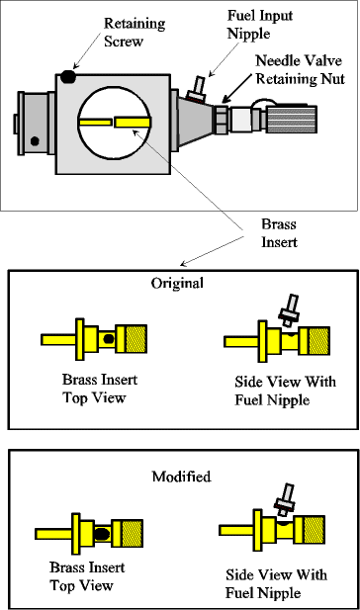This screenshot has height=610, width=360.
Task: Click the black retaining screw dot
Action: [68, 77]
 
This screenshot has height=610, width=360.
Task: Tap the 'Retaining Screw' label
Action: [135, 33]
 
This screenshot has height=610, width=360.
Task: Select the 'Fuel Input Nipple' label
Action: [259, 24]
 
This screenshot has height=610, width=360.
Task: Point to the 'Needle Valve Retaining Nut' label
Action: [300, 69]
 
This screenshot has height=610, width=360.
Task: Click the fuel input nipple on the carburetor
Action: [197, 89]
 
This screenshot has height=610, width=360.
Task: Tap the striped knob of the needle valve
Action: [291, 119]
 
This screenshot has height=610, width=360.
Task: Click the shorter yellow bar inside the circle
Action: [95, 122]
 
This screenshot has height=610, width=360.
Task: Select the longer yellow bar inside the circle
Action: [133, 123]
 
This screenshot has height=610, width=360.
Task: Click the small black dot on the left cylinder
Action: [35, 141]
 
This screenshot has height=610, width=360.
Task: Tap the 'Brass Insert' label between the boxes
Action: [279, 233]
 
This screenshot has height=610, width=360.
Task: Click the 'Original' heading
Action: [177, 283]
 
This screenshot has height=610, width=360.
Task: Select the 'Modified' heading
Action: [181, 477]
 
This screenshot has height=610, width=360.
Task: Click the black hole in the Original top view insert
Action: [109, 339]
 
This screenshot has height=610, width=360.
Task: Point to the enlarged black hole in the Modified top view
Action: [102, 534]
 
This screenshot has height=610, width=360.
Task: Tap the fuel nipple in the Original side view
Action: [290, 310]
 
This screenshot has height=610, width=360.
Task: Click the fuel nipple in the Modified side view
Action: [285, 499]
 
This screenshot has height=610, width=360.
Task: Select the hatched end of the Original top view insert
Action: [136, 339]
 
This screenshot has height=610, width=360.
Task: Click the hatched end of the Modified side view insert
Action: [315, 530]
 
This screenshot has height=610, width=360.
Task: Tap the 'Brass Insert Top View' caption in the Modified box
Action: [87, 576]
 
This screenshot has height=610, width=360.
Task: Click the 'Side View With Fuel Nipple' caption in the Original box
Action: [285, 391]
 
